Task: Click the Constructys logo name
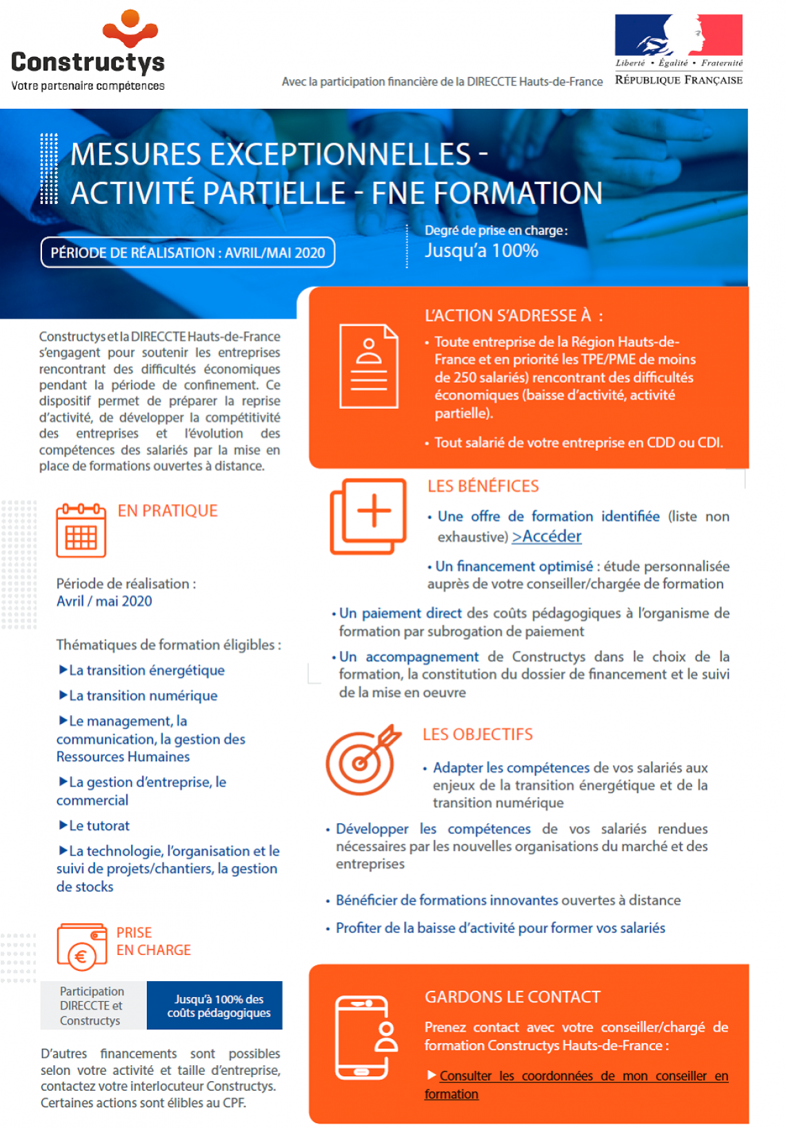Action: pyautogui.click(x=88, y=61)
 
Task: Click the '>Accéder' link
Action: pyautogui.click(x=547, y=536)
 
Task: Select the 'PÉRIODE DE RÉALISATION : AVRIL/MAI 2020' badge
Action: pyautogui.click(x=188, y=252)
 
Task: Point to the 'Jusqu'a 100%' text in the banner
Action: pyautogui.click(x=481, y=250)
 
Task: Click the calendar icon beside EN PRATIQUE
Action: pyautogui.click(x=81, y=530)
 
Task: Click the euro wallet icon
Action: pyautogui.click(x=82, y=947)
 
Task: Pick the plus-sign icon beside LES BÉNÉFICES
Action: pyautogui.click(x=368, y=516)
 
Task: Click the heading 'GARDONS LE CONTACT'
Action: pyautogui.click(x=512, y=997)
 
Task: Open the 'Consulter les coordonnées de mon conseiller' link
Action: pyautogui.click(x=583, y=1076)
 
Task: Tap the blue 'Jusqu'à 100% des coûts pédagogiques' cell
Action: pyautogui.click(x=214, y=1006)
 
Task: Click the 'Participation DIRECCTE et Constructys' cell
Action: pyautogui.click(x=92, y=1006)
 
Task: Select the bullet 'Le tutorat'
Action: pyautogui.click(x=99, y=825)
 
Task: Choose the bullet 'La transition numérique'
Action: pyautogui.click(x=143, y=696)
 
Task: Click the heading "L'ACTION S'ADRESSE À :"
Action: pyautogui.click(x=514, y=316)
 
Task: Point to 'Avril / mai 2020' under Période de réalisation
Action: pyautogui.click(x=104, y=601)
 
